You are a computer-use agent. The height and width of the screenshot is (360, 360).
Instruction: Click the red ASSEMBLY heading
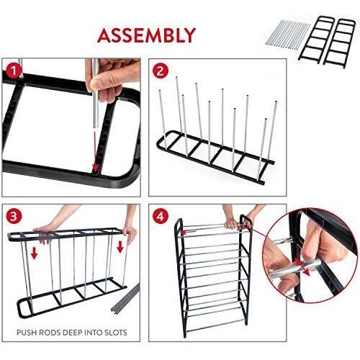point(146,35)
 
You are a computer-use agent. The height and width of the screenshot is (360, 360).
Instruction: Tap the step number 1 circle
point(14,71)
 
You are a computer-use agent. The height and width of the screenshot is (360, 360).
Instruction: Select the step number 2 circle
point(161,71)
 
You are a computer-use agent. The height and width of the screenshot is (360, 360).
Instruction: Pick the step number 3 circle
point(14,217)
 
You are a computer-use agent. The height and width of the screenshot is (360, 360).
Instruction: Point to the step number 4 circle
point(161,217)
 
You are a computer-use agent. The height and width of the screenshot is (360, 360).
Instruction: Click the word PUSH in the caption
point(26,333)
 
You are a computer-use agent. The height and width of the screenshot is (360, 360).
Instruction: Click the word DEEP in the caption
point(73,333)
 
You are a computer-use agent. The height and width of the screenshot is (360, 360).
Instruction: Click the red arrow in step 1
point(95,152)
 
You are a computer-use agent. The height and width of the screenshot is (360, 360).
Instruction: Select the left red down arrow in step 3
point(35,253)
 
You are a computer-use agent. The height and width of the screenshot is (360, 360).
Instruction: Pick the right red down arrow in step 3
point(120,247)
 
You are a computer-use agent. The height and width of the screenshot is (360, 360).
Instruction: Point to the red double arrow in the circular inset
point(302,267)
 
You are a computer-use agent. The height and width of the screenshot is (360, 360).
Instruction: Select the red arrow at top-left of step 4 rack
point(189,232)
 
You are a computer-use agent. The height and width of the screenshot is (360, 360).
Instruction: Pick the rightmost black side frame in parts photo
point(339,42)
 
